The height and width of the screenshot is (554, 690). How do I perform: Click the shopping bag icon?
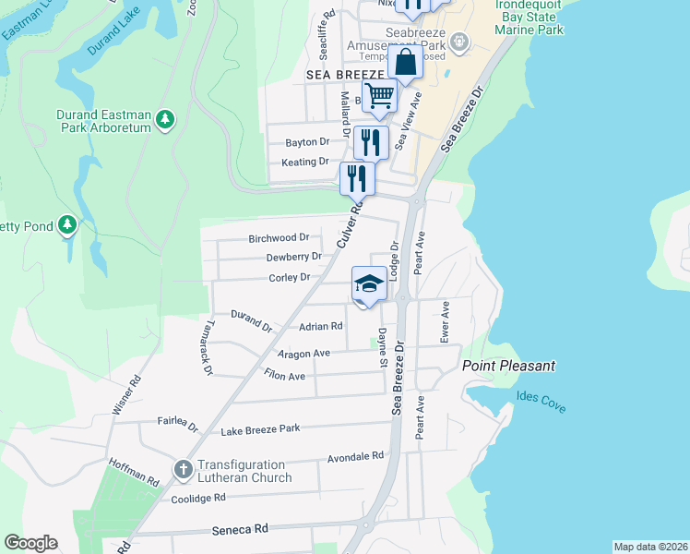pyautogui.click(x=405, y=64)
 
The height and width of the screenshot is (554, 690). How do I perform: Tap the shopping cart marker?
pyautogui.click(x=379, y=95)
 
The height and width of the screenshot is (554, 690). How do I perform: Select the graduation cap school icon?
pyautogui.click(x=368, y=283)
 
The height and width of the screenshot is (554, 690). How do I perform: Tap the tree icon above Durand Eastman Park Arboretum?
pyautogui.click(x=164, y=119)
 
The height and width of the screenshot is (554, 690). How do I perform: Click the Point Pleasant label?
pyautogui.click(x=508, y=366)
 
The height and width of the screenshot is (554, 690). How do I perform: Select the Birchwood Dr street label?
pyautogui.click(x=279, y=238)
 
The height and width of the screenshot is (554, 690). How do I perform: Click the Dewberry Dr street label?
pyautogui.click(x=293, y=257)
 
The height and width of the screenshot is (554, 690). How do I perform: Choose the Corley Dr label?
pyautogui.click(x=289, y=276)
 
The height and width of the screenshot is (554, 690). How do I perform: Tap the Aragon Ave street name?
pyautogui.click(x=303, y=354)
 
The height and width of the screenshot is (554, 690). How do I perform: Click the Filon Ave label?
pyautogui.click(x=284, y=377)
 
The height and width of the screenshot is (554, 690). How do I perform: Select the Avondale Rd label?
pyautogui.click(x=355, y=457)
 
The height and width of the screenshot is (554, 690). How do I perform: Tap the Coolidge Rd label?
pyautogui.click(x=198, y=499)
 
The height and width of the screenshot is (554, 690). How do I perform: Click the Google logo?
pyautogui.click(x=30, y=542)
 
